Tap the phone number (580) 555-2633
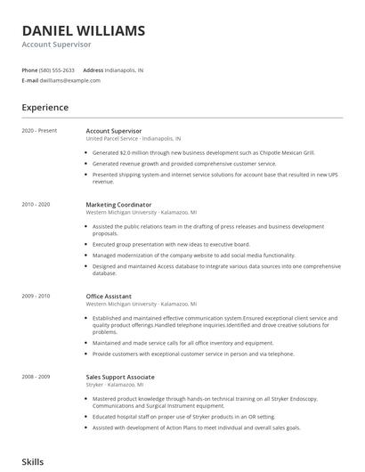click(57, 69)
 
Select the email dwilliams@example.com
click(70, 80)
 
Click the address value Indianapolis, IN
click(124, 69)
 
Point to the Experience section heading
click(45, 108)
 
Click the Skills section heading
click(33, 462)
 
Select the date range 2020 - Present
click(39, 131)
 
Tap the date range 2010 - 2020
click(36, 205)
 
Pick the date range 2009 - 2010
click(36, 296)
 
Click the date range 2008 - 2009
click(36, 377)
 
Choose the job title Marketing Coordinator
click(118, 205)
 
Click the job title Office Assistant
click(109, 296)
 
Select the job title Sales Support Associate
click(120, 377)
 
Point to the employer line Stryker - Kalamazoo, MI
click(120, 385)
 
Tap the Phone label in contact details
click(29, 69)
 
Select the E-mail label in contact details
click(29, 80)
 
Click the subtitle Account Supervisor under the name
click(56, 45)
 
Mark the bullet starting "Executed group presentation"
click(171, 244)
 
